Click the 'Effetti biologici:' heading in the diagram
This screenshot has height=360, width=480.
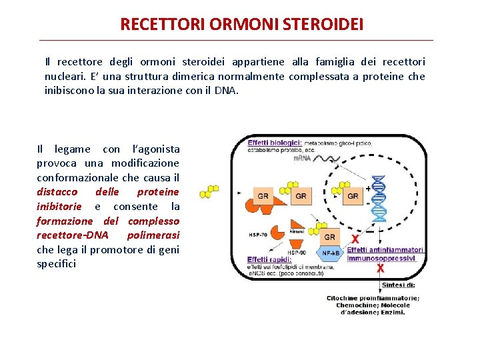tap(275, 143)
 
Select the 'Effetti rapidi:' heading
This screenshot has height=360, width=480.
tap(268, 259)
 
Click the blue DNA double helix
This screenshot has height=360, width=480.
tap(379, 198)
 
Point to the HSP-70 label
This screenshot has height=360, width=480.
tap(258, 235)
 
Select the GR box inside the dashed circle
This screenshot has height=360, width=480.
tap(353, 196)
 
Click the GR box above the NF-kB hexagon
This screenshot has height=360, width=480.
tap(329, 237)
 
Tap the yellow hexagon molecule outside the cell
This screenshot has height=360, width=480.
tap(209, 191)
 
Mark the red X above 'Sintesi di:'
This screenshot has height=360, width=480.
tap(381, 268)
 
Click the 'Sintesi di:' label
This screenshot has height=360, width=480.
tap(399, 285)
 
